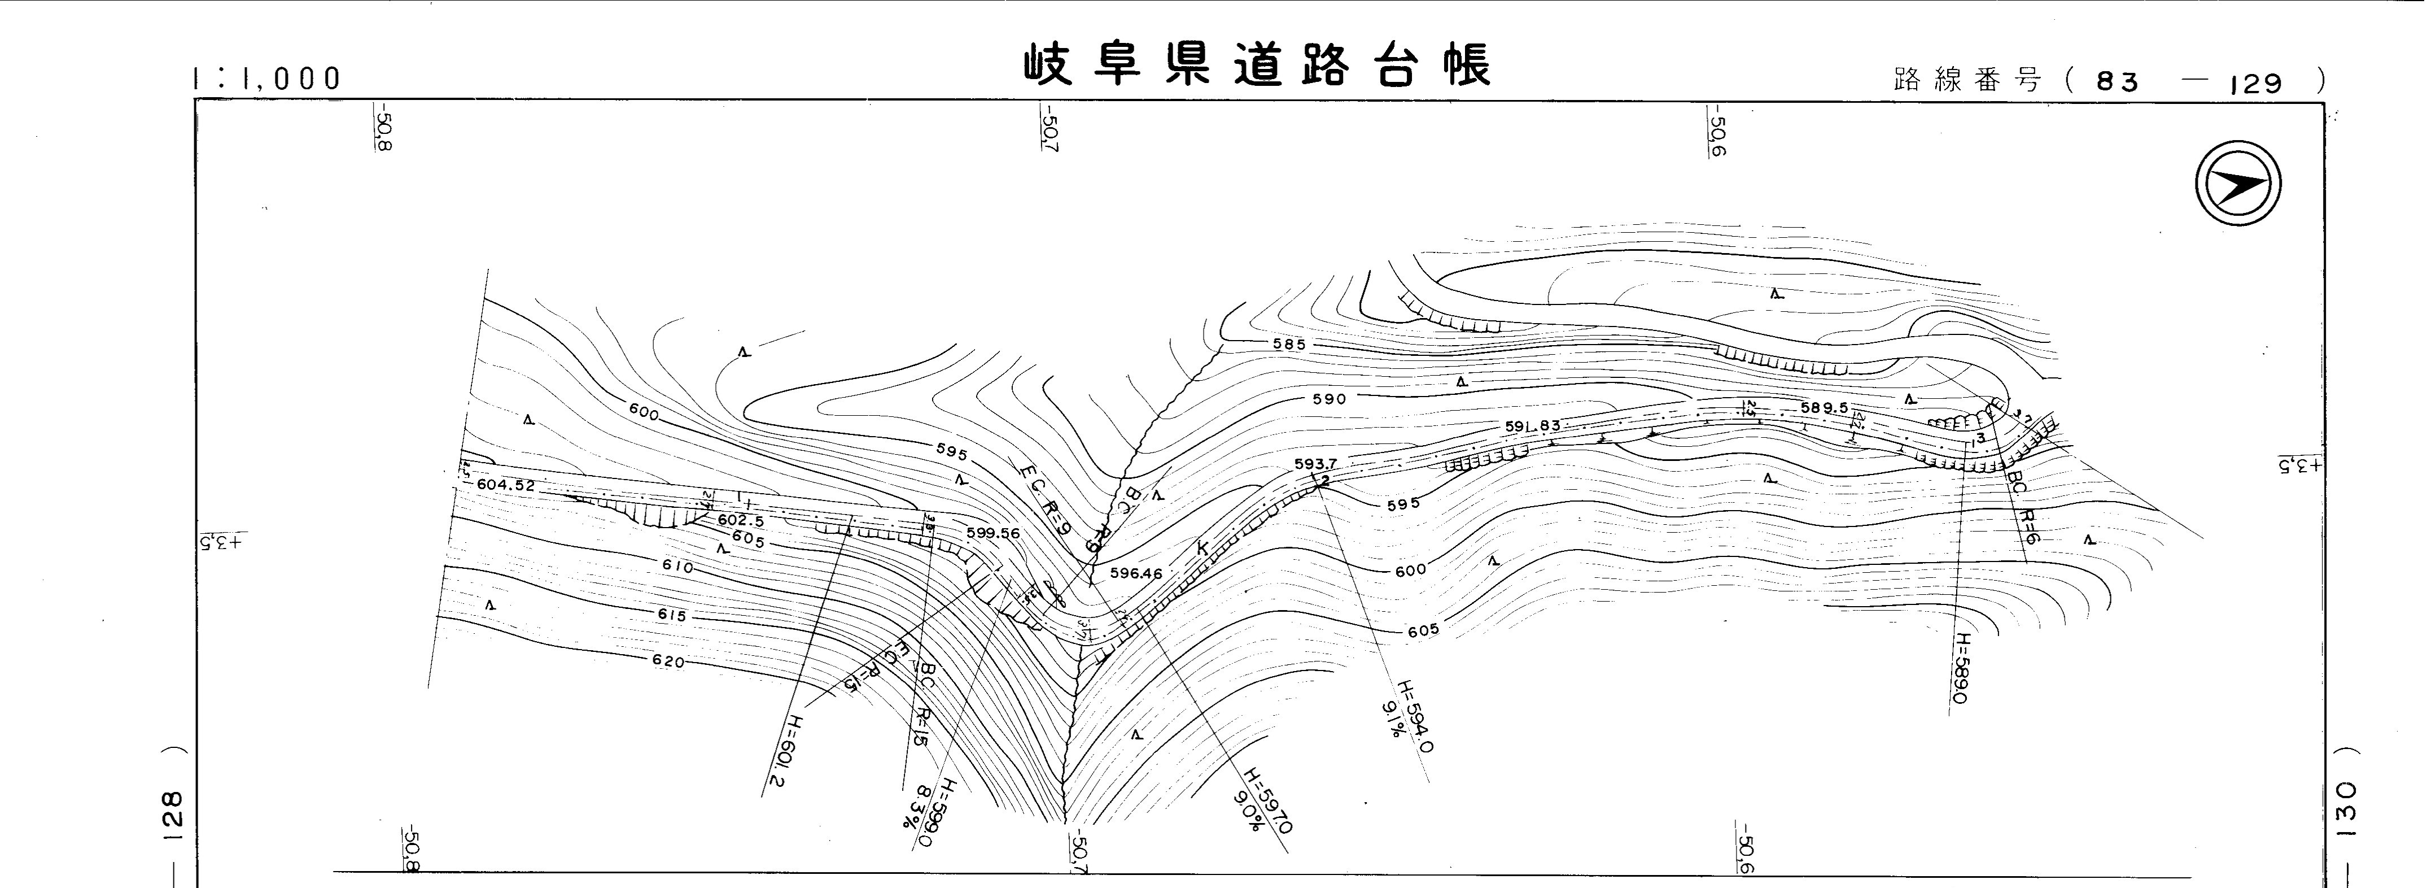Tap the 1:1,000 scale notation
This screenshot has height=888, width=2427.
coord(266,79)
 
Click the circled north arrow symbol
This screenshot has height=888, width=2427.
coord(2238,183)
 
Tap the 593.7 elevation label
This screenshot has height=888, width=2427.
coord(1316,464)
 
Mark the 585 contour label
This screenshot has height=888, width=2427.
coord(1289,345)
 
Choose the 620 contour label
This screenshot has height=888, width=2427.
coord(668,661)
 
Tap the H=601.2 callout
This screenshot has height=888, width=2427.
coord(784,750)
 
